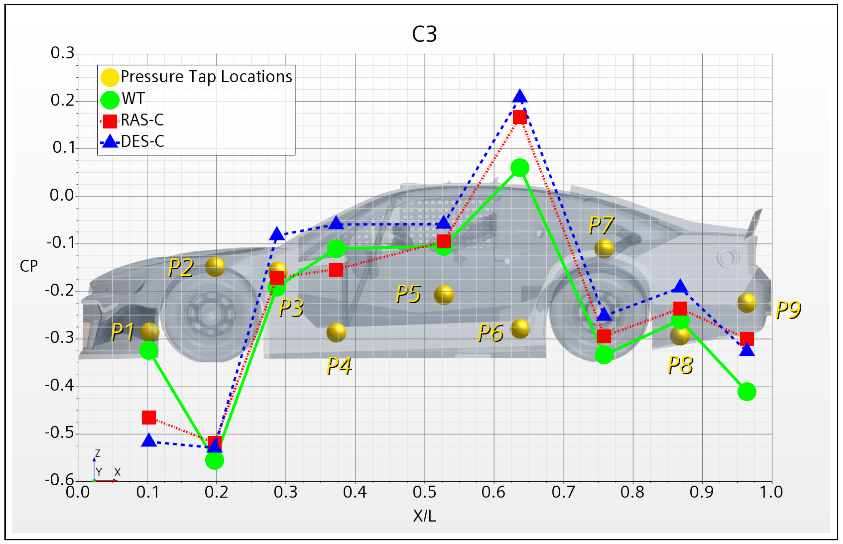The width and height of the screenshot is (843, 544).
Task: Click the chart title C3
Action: click(x=424, y=34)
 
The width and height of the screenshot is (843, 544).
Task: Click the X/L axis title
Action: click(x=424, y=516)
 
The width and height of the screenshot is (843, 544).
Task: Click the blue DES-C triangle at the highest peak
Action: click(x=519, y=96)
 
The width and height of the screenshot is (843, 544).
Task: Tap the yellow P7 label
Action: click(x=601, y=225)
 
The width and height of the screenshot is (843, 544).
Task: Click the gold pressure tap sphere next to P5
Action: click(x=443, y=295)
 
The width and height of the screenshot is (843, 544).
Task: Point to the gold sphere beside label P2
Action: click(x=215, y=267)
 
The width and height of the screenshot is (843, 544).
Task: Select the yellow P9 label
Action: click(x=788, y=310)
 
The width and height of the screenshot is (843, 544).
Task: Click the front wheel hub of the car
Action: click(x=211, y=314)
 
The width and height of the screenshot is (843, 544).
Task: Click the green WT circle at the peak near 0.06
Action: click(x=519, y=168)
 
